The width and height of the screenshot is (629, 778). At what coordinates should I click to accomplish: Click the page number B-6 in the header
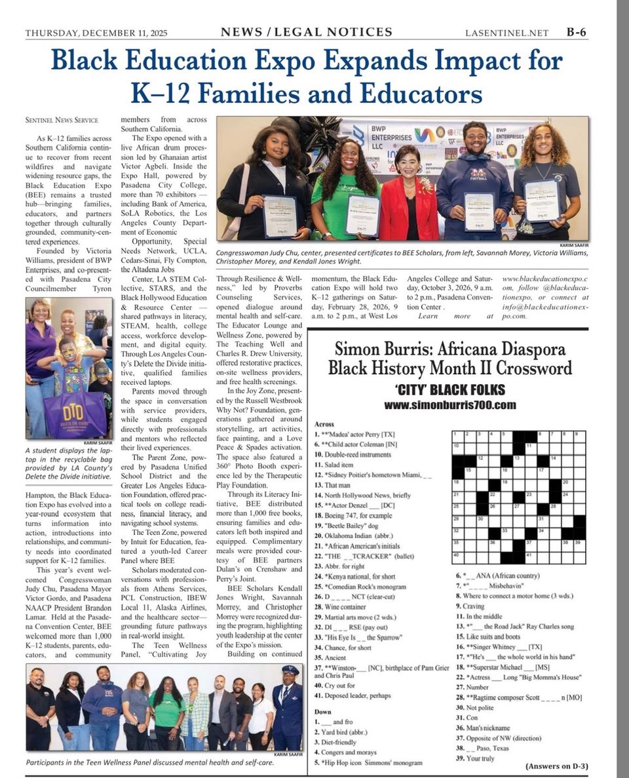click(577, 32)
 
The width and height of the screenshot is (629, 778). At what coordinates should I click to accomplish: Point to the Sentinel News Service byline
click(62, 120)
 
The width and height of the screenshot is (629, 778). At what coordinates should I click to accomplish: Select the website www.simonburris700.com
click(450, 405)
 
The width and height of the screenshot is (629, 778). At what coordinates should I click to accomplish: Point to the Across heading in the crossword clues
click(324, 425)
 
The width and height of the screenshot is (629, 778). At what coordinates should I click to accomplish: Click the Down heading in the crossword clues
click(322, 710)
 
